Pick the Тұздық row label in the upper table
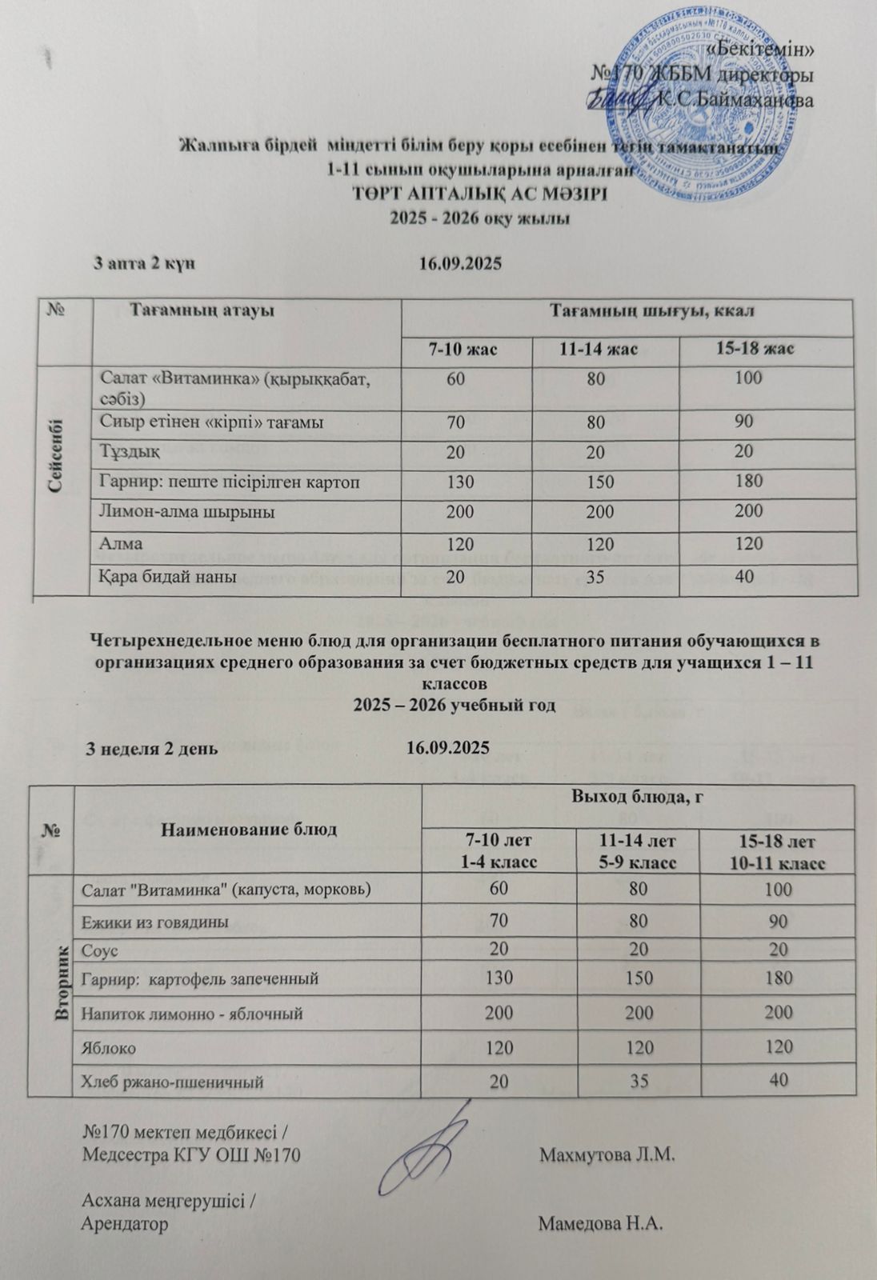(x=128, y=452)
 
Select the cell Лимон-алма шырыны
(x=186, y=511)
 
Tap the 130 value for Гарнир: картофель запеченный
(x=498, y=978)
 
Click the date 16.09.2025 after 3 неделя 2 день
(x=447, y=748)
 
